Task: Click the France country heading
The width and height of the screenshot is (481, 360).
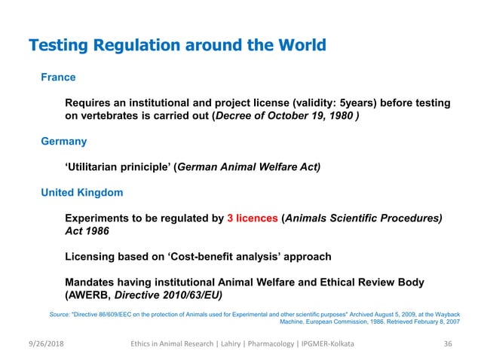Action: click(58, 77)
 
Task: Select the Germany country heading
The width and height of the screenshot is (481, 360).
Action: click(63, 141)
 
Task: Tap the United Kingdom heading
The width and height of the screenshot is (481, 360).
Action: click(81, 193)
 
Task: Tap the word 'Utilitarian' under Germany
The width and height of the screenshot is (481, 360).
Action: click(99, 167)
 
